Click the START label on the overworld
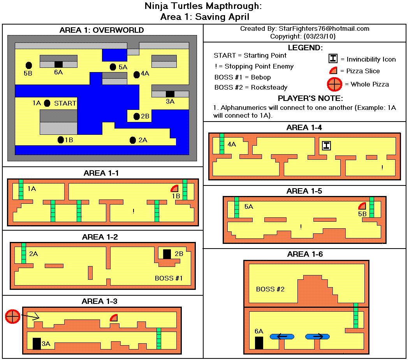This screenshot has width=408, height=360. (65, 103)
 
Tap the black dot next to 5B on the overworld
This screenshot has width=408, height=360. (29, 65)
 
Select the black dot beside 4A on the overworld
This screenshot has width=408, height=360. (136, 74)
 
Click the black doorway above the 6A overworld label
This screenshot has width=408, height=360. (58, 64)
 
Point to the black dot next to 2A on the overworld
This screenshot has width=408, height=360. (132, 140)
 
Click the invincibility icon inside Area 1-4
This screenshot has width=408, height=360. (326, 146)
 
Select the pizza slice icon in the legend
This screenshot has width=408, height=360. (333, 71)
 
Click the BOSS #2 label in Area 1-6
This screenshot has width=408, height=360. (270, 289)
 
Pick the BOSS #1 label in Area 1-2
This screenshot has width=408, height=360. (169, 278)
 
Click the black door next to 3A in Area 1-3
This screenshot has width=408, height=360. (37, 343)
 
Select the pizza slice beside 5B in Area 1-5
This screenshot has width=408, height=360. (362, 206)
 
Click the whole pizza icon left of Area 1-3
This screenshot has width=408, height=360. (12, 316)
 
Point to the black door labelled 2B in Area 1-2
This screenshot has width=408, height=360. (167, 254)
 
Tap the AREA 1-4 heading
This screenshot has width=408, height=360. (304, 127)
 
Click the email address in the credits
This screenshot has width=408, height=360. (323, 29)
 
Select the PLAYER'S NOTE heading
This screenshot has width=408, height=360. (305, 98)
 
